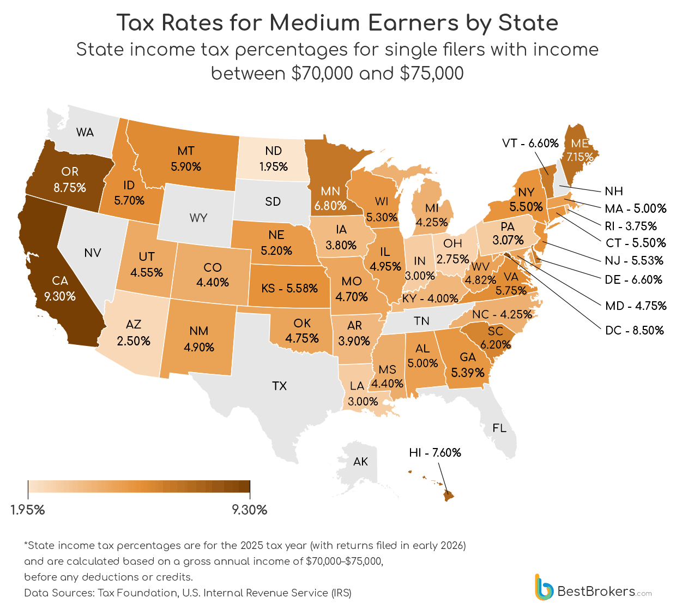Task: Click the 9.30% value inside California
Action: coord(60,296)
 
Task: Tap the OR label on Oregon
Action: coord(70,171)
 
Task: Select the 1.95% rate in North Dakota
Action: coord(273,166)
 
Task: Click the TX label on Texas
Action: coord(279,386)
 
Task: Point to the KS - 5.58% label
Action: coord(289,288)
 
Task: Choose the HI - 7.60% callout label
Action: coord(435,452)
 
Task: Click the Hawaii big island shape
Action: coord(448,495)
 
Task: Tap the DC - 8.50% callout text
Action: coord(635,330)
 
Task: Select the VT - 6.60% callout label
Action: coord(530,143)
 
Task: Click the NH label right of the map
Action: coord(614,191)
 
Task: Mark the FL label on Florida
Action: coord(499,428)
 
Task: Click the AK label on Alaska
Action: coord(360,462)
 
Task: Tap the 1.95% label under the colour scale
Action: coord(28,510)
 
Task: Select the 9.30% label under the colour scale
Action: coord(249,510)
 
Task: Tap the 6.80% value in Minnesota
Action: coord(330,206)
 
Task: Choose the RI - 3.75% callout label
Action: coord(631,226)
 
